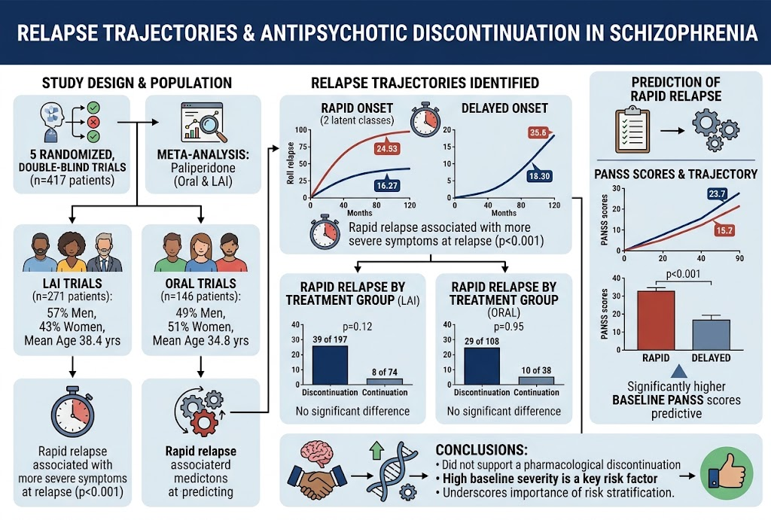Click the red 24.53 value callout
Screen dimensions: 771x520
[386, 148]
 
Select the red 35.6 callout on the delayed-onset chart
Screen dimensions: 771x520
[539, 132]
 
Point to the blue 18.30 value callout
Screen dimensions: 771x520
[539, 175]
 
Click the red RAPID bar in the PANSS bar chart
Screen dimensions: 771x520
[656, 320]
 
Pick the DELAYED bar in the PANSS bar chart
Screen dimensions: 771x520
[711, 335]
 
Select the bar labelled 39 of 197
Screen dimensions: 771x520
[330, 365]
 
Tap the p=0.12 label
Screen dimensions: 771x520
[357, 327]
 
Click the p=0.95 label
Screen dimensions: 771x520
[508, 327]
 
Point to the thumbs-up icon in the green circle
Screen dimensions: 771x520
[727, 473]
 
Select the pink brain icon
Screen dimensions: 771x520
[317, 452]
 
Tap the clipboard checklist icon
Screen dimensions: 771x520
[632, 130]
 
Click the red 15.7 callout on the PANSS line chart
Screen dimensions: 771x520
[724, 230]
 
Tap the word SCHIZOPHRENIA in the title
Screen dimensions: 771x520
[683, 33]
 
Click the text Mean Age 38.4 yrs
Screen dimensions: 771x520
[72, 341]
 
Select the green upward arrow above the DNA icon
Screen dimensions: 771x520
[376, 450]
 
